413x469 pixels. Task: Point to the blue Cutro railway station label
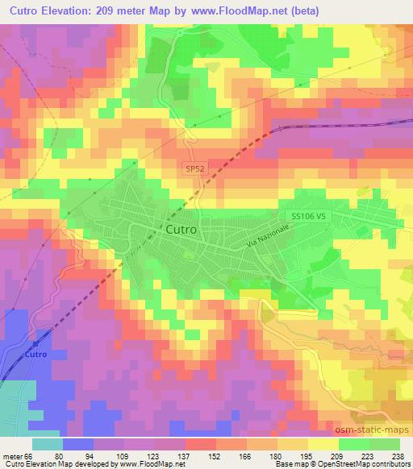[x=35, y=355]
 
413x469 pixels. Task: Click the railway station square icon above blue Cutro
[x=35, y=344]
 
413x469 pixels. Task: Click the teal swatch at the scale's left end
[x=47, y=443]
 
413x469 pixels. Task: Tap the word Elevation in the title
[x=69, y=12]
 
